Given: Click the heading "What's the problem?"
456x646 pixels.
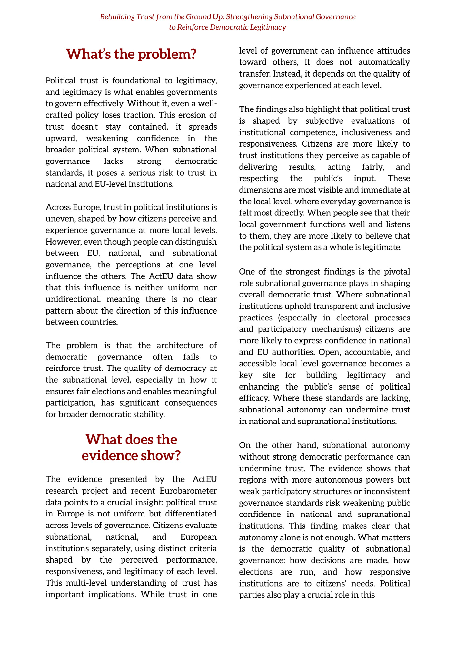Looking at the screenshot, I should click(131, 54).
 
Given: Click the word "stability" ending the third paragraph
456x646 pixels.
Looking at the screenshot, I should click(150, 414).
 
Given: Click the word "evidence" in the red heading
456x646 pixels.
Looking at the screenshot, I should click(110, 455).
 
